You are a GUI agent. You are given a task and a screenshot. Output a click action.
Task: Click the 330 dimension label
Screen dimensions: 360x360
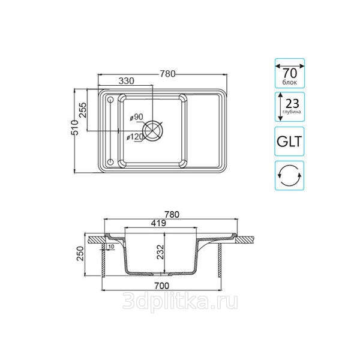click(x=126, y=81)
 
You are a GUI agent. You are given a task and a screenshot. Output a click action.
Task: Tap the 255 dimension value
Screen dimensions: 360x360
click(x=83, y=110)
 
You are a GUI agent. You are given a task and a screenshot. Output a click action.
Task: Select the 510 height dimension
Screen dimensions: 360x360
click(x=74, y=128)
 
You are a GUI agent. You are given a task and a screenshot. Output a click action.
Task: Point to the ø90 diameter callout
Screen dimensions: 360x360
click(x=136, y=117)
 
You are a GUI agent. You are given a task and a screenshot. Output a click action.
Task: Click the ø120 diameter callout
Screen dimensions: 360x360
click(x=135, y=137)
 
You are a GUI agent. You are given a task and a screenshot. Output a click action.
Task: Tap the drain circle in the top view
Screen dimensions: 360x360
click(x=152, y=130)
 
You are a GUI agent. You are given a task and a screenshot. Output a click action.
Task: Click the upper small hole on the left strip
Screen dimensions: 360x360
click(x=110, y=100)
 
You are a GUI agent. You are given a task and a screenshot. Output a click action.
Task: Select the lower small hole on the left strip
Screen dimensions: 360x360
click(x=110, y=162)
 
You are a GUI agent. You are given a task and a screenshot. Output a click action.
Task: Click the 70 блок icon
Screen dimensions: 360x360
click(x=290, y=73)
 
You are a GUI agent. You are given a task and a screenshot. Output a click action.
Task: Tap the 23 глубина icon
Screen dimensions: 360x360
click(x=290, y=107)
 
